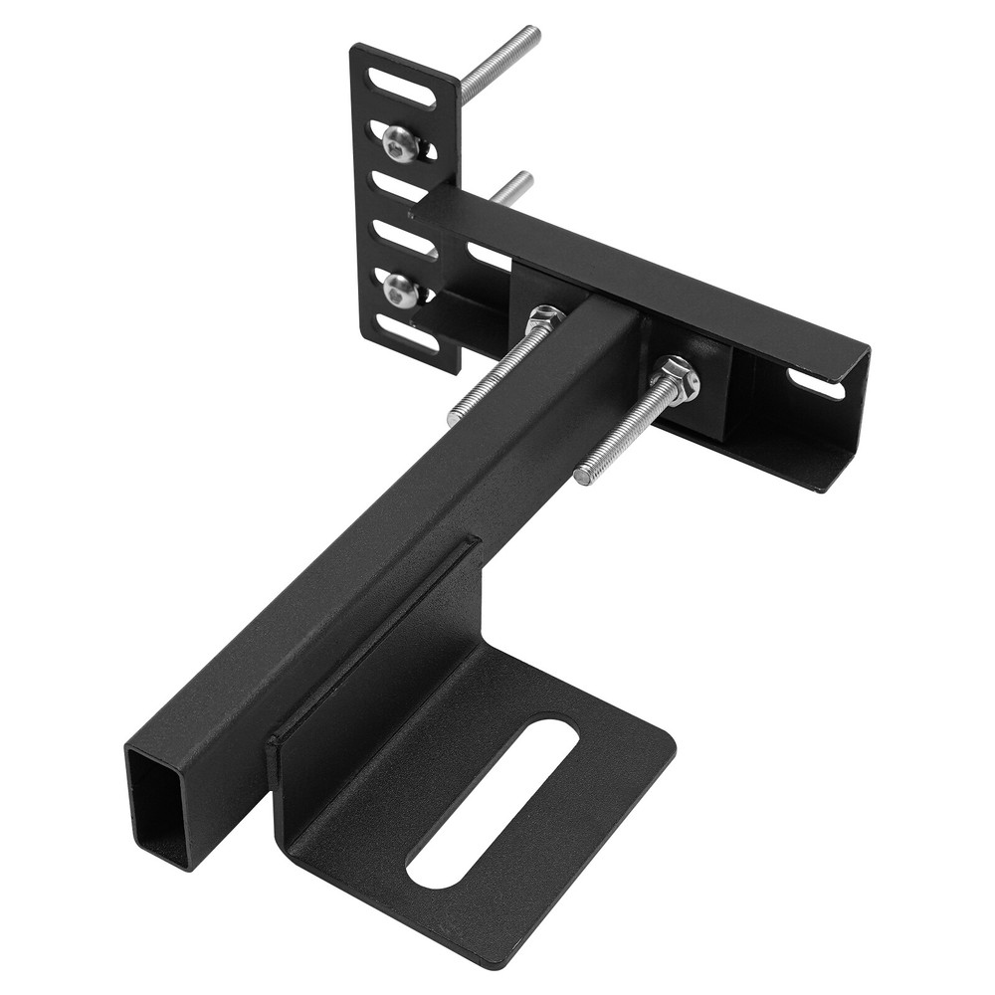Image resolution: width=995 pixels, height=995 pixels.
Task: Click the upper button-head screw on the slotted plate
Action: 400,144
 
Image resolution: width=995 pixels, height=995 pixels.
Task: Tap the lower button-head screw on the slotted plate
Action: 401,291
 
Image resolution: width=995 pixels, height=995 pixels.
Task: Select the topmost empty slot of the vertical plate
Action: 401,88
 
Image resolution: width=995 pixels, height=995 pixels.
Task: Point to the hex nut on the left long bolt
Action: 544,320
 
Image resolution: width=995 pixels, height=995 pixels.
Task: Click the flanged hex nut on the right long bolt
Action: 677,379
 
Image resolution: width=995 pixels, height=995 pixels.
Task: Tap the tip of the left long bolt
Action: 455,416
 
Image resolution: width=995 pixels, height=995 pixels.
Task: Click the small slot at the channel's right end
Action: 816,383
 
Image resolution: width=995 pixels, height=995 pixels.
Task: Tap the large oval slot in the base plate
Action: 493,803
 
